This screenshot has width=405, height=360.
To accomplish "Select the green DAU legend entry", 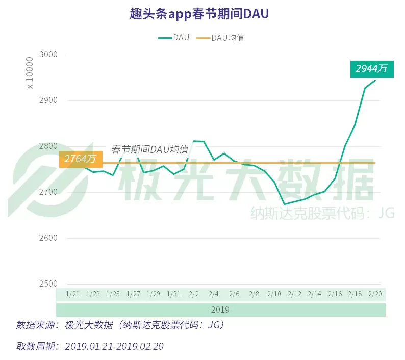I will click(173, 37).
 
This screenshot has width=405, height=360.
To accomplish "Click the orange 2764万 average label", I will click(80, 159).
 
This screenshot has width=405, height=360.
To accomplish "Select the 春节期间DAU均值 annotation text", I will click(150, 149).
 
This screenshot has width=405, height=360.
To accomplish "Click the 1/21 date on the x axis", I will click(72, 294).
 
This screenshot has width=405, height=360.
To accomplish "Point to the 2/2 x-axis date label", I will click(194, 294).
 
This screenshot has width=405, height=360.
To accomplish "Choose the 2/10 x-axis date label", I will click(274, 294).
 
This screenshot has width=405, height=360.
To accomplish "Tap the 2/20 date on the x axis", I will click(375, 294).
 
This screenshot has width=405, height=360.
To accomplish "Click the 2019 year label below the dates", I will click(220, 310).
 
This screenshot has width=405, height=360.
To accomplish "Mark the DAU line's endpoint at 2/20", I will click(375, 80).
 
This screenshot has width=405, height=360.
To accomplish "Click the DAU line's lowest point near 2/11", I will click(284, 204).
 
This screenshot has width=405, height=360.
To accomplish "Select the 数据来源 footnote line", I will click(120, 325).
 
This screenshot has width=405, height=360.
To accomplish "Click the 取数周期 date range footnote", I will click(90, 346).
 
